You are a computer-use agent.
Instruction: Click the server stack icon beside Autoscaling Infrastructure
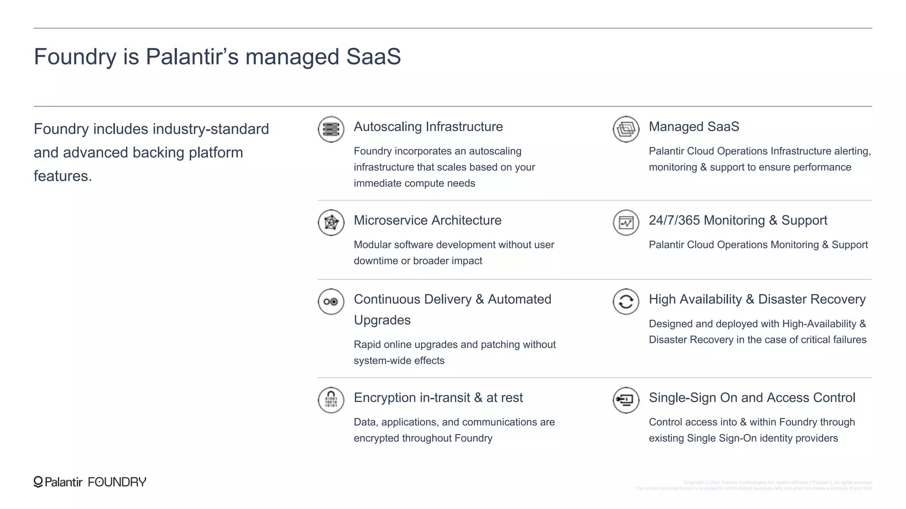click(x=331, y=129)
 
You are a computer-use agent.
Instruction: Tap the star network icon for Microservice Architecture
click(x=331, y=223)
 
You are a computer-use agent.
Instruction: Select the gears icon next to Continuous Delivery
click(x=331, y=302)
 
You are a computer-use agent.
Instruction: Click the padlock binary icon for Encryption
click(x=331, y=400)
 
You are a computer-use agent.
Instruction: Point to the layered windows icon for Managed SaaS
click(x=626, y=129)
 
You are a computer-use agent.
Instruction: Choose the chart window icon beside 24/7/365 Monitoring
click(x=626, y=223)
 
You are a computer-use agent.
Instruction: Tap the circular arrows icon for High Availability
click(x=626, y=302)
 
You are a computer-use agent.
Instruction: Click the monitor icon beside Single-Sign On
click(x=626, y=400)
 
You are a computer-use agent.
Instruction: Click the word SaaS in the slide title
click(x=373, y=57)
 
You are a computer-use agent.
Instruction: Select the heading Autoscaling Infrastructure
click(x=428, y=127)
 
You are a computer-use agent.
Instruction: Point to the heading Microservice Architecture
click(x=427, y=220)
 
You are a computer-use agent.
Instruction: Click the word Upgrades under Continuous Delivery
click(x=382, y=320)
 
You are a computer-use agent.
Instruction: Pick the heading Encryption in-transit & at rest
click(x=438, y=398)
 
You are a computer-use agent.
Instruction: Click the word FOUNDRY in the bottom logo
click(x=117, y=482)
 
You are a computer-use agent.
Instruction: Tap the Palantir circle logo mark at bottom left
click(x=38, y=482)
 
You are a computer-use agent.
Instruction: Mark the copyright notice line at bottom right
click(x=777, y=482)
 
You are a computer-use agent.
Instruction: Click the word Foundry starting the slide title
click(x=74, y=57)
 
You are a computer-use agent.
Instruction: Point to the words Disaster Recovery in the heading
click(x=812, y=300)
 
